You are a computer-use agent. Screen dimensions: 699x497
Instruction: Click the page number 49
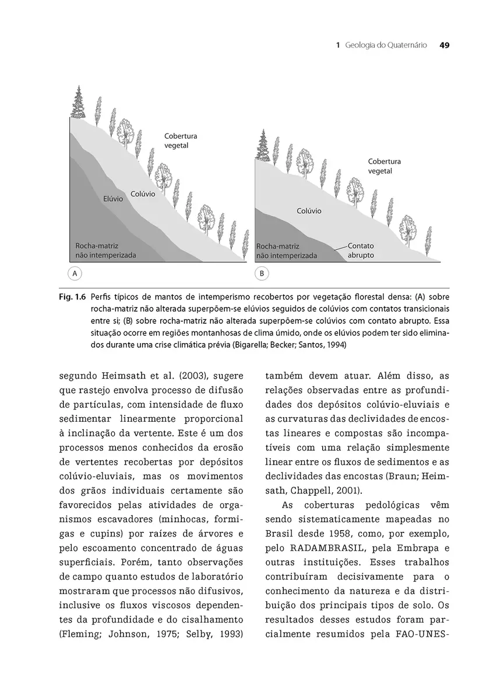click(443, 45)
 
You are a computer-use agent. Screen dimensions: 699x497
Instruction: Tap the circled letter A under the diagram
click(75, 273)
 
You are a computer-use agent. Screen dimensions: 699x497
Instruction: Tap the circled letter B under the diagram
click(262, 273)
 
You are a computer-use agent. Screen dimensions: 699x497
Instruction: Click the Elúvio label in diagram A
click(113, 199)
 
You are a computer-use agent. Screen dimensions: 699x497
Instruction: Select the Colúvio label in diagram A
click(143, 193)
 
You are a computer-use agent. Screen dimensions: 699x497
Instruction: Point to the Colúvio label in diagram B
click(309, 211)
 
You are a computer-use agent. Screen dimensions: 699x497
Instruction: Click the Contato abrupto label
click(361, 251)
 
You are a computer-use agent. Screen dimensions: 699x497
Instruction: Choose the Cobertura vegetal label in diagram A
click(181, 141)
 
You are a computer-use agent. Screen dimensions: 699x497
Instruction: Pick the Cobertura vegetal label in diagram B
click(384, 166)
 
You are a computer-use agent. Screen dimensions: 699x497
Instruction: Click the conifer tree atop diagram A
click(77, 101)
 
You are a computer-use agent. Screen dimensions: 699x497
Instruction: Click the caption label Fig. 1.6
click(72, 296)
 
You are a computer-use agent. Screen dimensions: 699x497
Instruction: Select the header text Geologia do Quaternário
click(386, 45)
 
